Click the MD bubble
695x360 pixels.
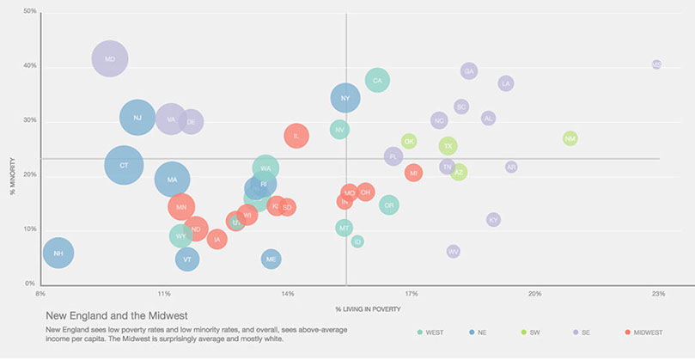[109, 59]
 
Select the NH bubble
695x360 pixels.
[58, 253]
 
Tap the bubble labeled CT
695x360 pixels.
[124, 165]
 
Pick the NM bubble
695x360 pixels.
[570, 138]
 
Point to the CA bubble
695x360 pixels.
[377, 81]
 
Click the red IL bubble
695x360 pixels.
[296, 136]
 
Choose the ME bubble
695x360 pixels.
[271, 259]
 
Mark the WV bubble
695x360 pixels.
[454, 251]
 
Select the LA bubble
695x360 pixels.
[506, 83]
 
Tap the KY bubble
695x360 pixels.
[493, 220]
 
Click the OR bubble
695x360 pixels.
[389, 204]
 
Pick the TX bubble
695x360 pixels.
[448, 146]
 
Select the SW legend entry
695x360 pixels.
[533, 332]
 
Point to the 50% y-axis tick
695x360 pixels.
[29, 11]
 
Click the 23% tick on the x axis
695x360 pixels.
[658, 294]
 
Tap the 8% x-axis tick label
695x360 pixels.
[40, 294]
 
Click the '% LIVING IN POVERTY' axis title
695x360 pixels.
[369, 308]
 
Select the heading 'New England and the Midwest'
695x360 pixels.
[116, 316]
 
